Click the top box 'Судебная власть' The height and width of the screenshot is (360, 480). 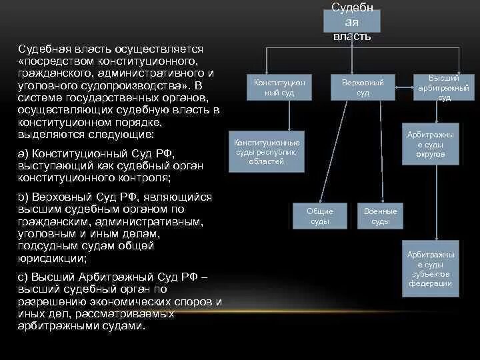click(352, 21)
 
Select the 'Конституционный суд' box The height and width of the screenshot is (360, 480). click(279, 87)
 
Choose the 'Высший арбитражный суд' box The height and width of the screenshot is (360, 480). click(444, 87)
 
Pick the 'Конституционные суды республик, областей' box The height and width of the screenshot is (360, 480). click(267, 152)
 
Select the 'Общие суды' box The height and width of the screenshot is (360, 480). click(319, 216)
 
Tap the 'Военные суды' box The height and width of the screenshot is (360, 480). click(380, 216)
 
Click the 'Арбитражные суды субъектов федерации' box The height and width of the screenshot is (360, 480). click(430, 268)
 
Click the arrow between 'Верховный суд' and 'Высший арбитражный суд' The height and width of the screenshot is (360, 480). click(405, 85)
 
